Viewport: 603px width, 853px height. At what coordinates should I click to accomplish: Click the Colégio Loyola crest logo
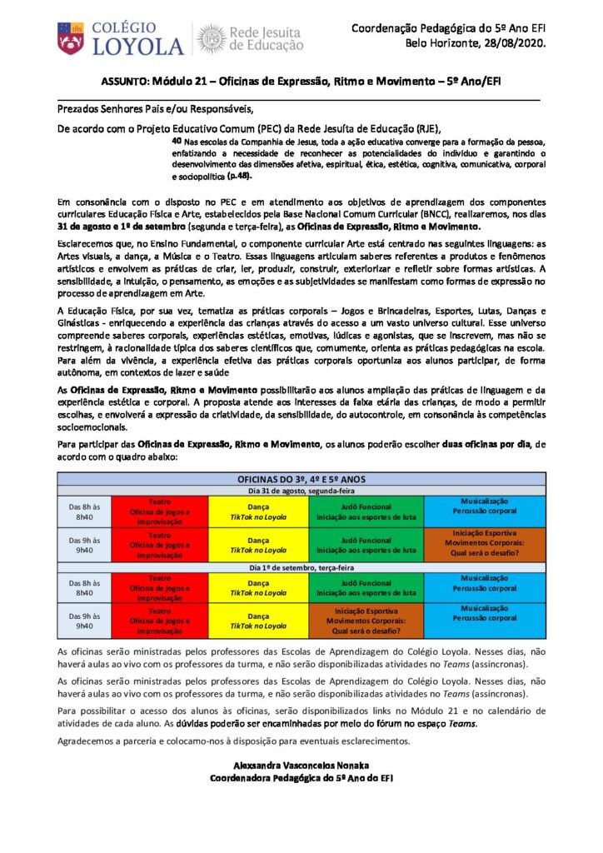coord(70,38)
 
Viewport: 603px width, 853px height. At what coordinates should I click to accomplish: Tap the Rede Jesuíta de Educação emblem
coord(209,38)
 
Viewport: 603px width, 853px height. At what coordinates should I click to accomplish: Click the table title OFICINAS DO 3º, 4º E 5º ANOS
coord(300,480)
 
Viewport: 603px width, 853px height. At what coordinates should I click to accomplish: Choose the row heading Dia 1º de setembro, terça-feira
coord(300,566)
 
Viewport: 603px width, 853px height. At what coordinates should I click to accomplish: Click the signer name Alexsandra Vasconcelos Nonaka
coord(300,765)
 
